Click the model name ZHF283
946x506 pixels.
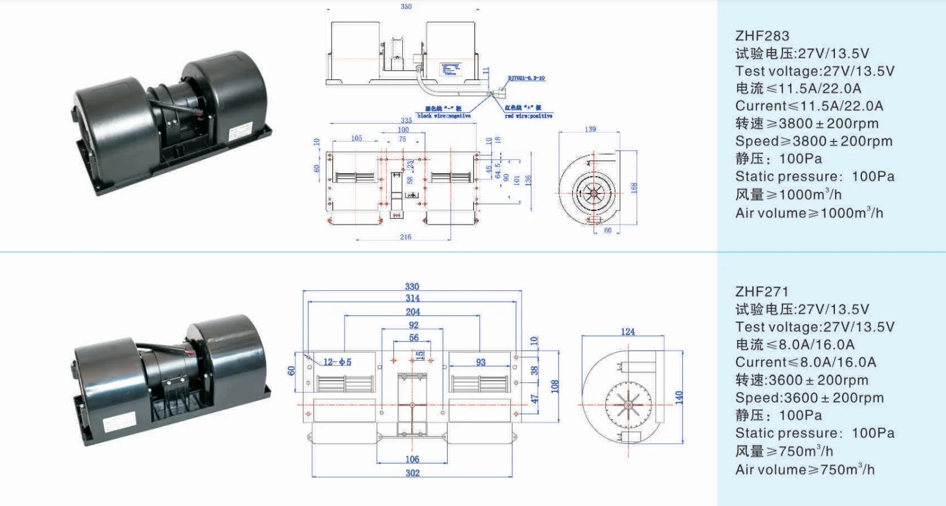tap(762, 36)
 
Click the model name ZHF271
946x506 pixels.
tap(762, 292)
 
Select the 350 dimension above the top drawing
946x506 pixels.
tap(406, 7)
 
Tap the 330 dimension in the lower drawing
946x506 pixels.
tap(412, 287)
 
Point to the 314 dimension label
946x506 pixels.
tap(412, 298)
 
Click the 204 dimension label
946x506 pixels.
tap(412, 312)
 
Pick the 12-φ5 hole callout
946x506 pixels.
tap(337, 362)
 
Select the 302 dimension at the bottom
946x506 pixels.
tap(412, 473)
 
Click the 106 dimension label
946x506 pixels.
tap(412, 459)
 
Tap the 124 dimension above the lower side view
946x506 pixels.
tap(628, 332)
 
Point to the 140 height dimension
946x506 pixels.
tap(679, 397)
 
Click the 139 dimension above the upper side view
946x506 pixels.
tap(590, 129)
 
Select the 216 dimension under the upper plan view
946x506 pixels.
tap(405, 237)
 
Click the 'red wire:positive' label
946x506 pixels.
tap(528, 116)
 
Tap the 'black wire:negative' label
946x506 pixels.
tap(444, 116)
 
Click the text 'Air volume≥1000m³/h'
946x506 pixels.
tap(809, 213)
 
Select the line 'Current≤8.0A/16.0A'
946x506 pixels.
tap(805, 362)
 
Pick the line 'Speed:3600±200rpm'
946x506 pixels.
tap(809, 398)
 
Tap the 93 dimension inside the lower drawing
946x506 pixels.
tap(480, 362)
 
